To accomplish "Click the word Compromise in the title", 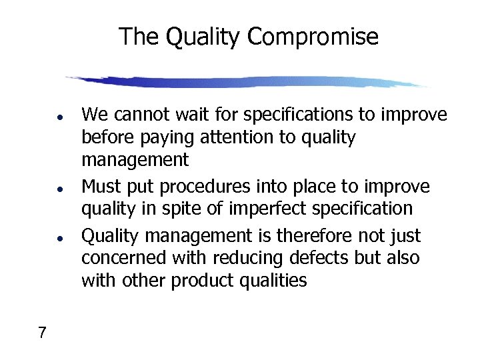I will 313,37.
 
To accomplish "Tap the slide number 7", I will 42,332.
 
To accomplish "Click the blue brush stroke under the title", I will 247,82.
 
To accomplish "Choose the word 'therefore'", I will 285,236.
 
